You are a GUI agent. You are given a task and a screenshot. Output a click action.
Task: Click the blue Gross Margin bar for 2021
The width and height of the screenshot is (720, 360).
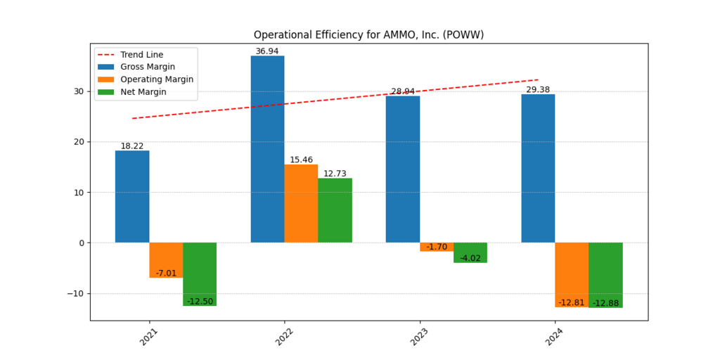(x=132, y=197)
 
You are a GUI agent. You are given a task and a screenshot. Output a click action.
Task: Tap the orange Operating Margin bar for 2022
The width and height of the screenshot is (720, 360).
(x=301, y=204)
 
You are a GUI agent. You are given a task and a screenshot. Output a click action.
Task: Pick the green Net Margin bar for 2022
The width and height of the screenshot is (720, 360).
(x=335, y=210)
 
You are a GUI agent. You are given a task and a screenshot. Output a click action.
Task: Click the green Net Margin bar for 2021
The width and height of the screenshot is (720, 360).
(x=200, y=274)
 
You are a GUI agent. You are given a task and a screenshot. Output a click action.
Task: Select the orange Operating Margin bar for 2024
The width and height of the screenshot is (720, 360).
(x=572, y=275)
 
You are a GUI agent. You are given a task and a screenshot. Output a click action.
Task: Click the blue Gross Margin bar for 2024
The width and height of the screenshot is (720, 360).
(x=538, y=169)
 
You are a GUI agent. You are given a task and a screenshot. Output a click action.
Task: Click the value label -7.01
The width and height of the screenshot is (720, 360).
(x=167, y=273)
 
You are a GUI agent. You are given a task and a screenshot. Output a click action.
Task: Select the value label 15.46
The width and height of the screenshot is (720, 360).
(x=301, y=160)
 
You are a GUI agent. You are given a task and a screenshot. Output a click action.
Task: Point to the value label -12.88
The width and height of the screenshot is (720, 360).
(x=605, y=303)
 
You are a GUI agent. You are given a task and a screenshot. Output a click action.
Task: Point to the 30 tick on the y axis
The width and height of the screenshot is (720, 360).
(x=79, y=91)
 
